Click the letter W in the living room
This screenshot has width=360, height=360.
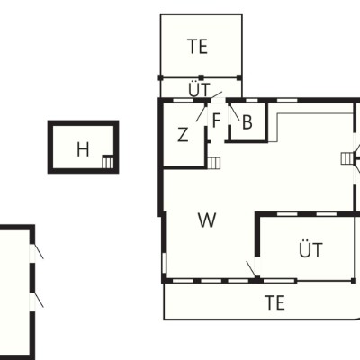(x=207, y=220)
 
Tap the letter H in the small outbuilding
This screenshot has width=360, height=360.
(x=83, y=149)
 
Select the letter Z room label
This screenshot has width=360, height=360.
(x=183, y=134)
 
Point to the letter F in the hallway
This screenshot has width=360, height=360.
(x=217, y=121)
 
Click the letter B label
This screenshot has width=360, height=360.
(x=247, y=122)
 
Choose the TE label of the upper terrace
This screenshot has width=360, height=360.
(x=198, y=47)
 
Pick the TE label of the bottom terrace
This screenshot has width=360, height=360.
(x=274, y=302)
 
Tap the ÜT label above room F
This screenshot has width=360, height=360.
(x=199, y=89)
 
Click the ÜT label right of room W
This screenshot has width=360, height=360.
(x=310, y=249)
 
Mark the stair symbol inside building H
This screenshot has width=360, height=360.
(x=108, y=162)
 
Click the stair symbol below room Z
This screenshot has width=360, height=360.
(x=214, y=163)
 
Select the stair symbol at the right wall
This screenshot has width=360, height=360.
(x=347, y=158)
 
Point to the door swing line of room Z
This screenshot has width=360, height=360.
(x=202, y=112)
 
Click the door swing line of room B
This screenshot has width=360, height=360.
(x=235, y=112)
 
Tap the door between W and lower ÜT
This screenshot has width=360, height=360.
(x=251, y=269)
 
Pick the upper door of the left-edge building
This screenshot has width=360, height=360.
(x=39, y=250)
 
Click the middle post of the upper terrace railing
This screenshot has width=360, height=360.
(x=201, y=77)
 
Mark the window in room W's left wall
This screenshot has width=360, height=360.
(x=164, y=264)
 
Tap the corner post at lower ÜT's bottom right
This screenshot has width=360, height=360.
(x=354, y=281)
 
